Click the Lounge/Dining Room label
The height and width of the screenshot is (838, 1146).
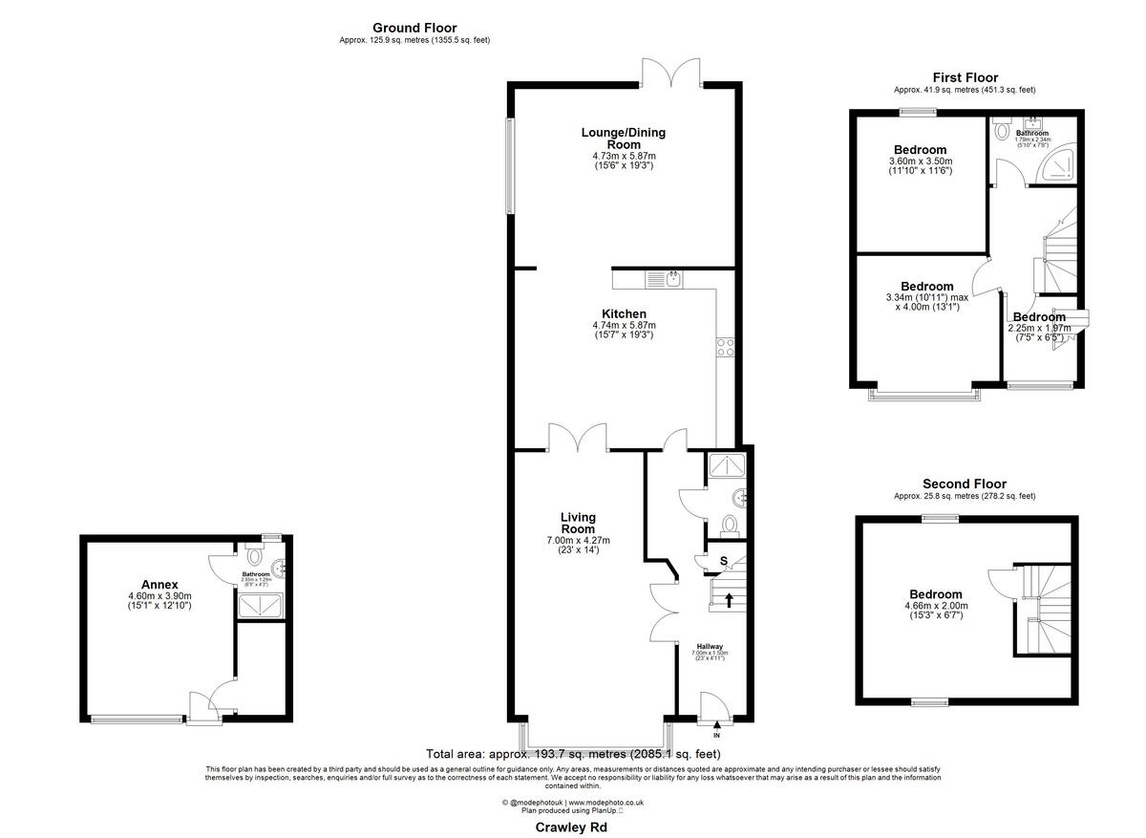(624, 139)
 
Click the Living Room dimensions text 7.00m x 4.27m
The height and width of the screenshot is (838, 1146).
(578, 540)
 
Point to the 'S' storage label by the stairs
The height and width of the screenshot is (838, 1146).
(723, 560)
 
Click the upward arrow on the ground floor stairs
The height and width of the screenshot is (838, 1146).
(729, 600)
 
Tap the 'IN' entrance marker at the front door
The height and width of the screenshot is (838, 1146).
(717, 735)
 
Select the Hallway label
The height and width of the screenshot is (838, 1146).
(708, 646)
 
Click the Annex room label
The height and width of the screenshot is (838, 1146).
(159, 585)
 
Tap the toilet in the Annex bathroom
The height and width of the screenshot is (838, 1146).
(254, 554)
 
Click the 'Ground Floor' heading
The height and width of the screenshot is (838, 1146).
(414, 28)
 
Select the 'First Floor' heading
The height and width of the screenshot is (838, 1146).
(965, 77)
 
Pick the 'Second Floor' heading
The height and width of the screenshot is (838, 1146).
(964, 484)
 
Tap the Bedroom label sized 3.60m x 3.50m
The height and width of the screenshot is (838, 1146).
(921, 150)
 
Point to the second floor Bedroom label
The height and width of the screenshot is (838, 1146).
(935, 594)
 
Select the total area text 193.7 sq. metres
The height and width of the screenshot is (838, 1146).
(573, 754)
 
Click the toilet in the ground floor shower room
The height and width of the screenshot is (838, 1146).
(731, 524)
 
